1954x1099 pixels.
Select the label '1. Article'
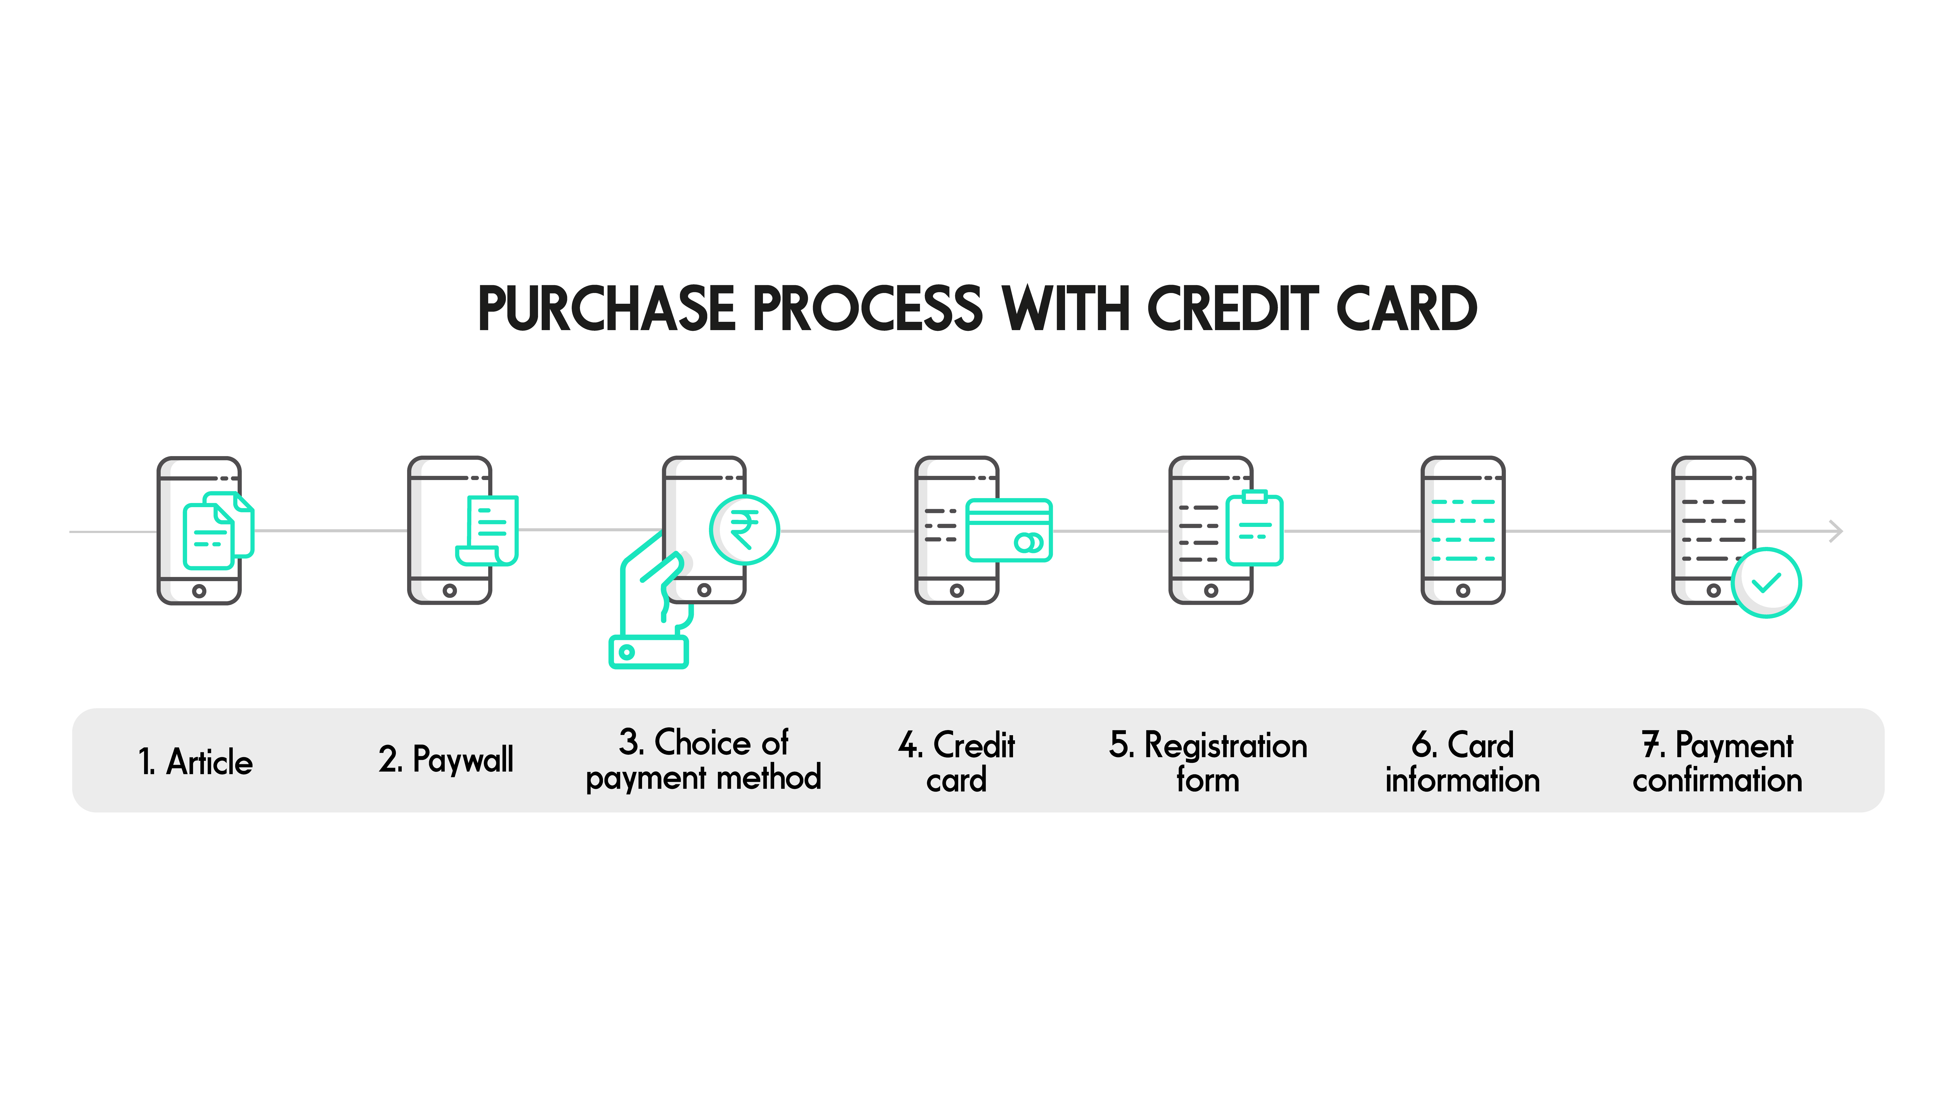click(x=195, y=762)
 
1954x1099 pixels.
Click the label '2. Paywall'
click(x=446, y=760)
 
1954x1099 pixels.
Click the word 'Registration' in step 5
click(x=1226, y=745)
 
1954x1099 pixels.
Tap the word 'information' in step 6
click(x=1462, y=780)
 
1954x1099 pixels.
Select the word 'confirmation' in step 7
click(x=1717, y=780)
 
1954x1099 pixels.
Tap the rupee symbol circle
click(x=744, y=529)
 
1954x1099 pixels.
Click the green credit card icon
click(x=1009, y=530)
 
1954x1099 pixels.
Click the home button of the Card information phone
click(x=1463, y=591)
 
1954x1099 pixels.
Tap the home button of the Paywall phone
click(x=450, y=591)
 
